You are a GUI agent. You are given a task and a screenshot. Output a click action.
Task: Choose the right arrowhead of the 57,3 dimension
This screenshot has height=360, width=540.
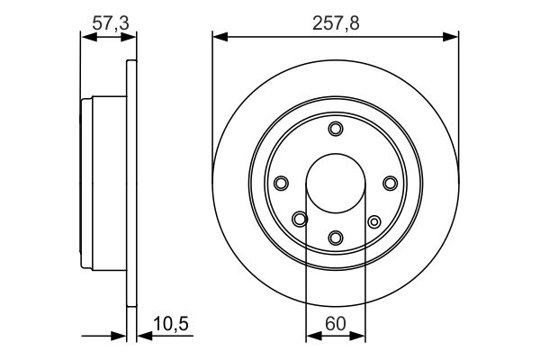131,37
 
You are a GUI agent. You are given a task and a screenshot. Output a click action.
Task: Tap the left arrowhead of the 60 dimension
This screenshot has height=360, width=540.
311,337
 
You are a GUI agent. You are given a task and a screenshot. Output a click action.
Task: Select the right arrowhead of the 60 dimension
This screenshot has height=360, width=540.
360,337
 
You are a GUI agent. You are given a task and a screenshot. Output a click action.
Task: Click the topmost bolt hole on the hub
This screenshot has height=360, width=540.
336,130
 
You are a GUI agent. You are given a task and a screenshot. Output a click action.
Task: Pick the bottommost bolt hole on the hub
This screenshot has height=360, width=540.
336,238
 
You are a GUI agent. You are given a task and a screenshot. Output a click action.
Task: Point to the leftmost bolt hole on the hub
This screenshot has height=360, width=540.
281,184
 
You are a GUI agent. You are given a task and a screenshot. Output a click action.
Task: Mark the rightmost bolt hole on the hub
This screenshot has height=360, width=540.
390,184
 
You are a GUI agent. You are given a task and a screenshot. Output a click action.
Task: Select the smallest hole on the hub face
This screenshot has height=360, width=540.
373,220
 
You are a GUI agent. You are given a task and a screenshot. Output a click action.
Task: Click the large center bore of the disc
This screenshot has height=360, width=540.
336,184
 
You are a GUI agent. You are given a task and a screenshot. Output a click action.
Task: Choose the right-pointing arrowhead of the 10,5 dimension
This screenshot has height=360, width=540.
119,337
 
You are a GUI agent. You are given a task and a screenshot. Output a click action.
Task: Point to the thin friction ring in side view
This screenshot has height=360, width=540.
131,184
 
